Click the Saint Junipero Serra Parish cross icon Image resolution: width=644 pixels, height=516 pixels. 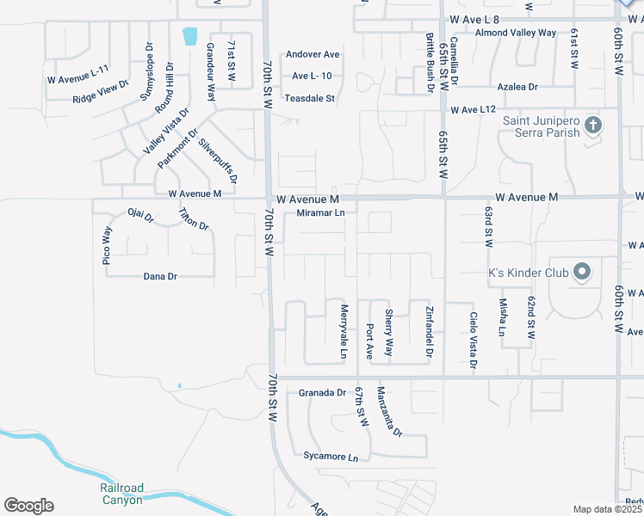click(592, 126)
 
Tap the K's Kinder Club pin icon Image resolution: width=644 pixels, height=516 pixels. click(582, 272)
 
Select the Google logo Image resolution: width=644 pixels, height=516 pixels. click(28, 506)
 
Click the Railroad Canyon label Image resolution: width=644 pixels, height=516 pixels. click(121, 494)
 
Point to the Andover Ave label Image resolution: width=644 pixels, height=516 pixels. click(313, 54)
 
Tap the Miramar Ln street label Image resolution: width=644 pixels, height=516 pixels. click(320, 213)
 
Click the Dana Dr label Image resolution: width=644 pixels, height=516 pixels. click(159, 277)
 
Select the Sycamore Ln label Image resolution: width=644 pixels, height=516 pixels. click(330, 457)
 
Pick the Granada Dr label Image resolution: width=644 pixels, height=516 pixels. click(322, 393)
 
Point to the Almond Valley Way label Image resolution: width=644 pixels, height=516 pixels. click(516, 33)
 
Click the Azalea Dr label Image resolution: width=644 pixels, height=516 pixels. click(517, 87)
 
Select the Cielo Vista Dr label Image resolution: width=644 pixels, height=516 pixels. click(474, 339)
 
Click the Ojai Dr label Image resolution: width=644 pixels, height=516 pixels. click(140, 212)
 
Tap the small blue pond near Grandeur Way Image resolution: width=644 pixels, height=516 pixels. click(189, 36)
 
